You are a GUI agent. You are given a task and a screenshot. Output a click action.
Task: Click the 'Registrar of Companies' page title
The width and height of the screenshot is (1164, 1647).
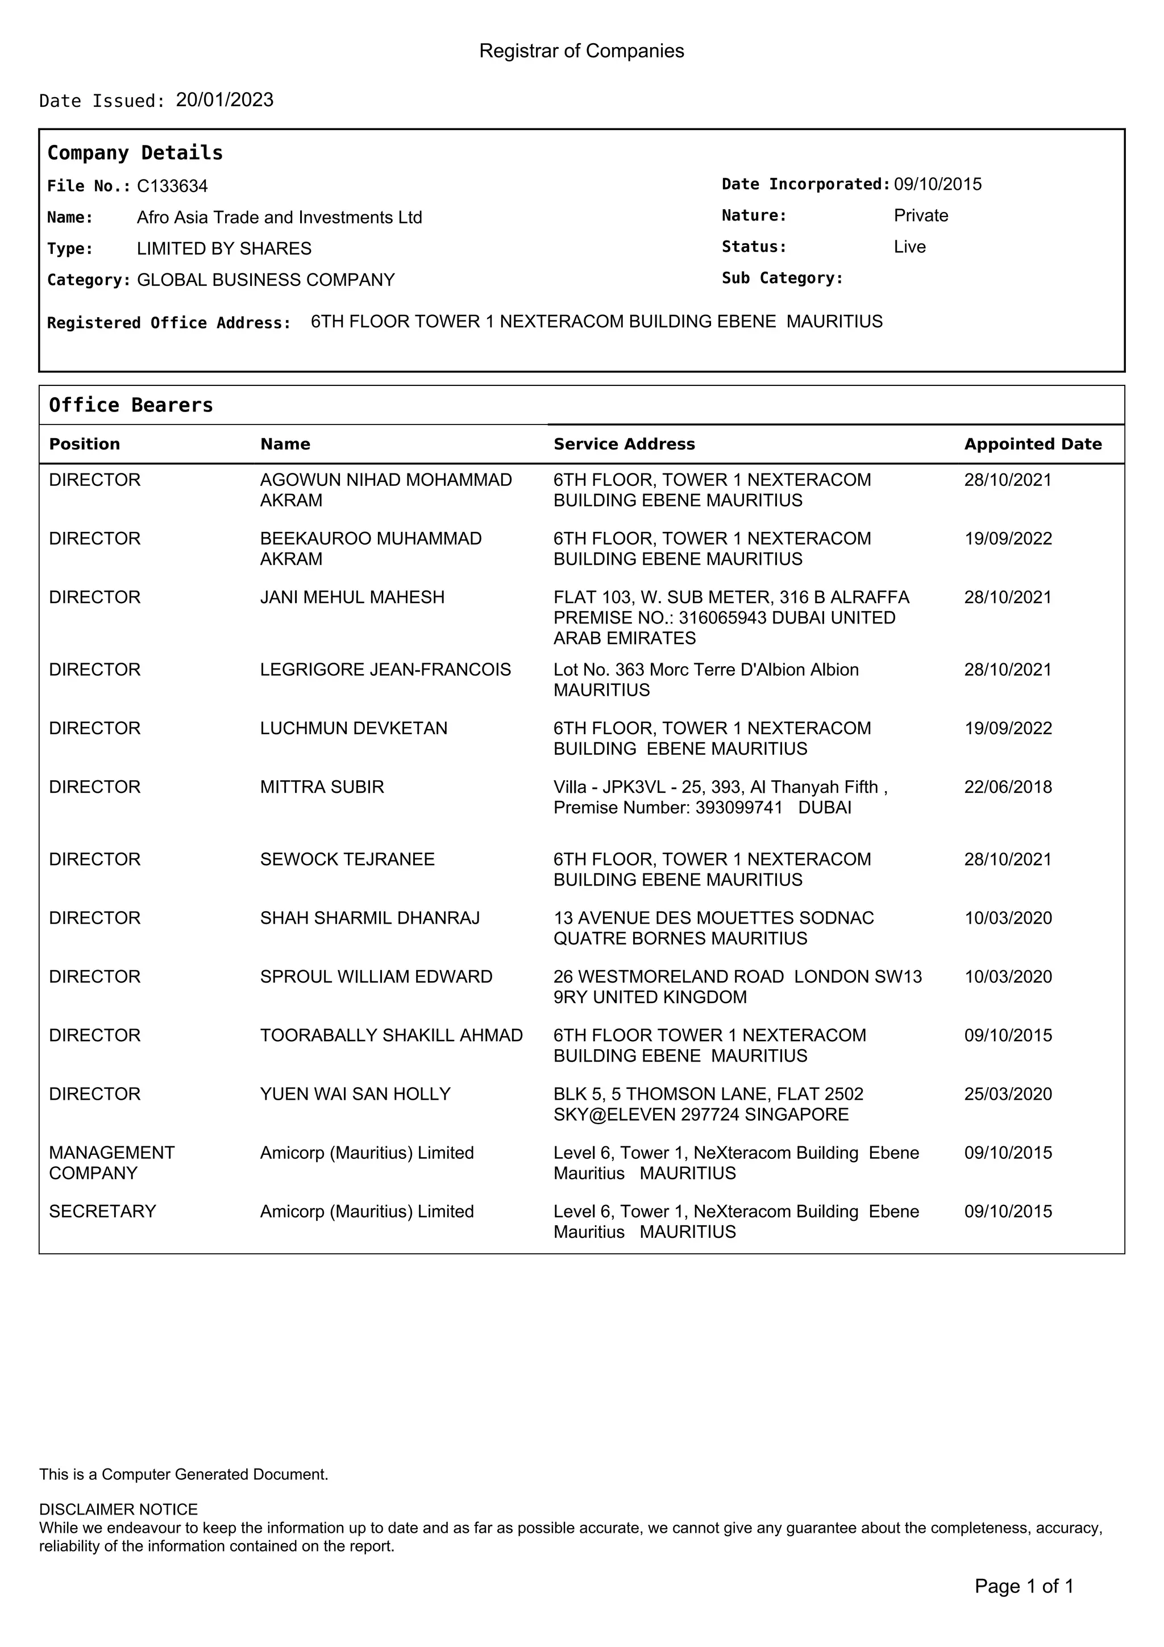(x=581, y=51)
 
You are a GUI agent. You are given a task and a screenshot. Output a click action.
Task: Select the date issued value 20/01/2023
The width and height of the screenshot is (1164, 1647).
(x=225, y=99)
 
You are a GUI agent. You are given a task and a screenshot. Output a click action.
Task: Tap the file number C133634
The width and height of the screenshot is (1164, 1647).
(x=172, y=186)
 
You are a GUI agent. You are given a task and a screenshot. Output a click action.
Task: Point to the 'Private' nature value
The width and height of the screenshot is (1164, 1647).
(x=920, y=215)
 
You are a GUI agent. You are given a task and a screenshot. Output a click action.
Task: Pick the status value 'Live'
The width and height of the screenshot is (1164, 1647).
(x=909, y=247)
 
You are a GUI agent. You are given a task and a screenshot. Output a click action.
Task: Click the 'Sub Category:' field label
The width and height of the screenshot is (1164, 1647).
(x=781, y=278)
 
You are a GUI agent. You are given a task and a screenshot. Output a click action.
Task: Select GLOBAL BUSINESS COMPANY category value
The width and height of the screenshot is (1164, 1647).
(x=265, y=280)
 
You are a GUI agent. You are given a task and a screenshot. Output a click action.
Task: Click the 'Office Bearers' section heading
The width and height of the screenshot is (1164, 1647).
(x=131, y=405)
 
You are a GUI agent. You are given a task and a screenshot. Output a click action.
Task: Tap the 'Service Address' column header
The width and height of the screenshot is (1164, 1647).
(x=624, y=444)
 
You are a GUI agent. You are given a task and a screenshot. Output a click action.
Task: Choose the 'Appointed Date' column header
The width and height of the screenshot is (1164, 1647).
(x=1032, y=444)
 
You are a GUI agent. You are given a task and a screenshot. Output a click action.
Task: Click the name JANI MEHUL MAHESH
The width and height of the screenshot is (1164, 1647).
(x=352, y=597)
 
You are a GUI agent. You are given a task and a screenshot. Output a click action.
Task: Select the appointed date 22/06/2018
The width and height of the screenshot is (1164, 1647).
(x=1008, y=787)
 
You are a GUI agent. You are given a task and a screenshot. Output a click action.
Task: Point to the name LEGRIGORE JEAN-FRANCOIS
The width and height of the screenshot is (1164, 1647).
(x=385, y=669)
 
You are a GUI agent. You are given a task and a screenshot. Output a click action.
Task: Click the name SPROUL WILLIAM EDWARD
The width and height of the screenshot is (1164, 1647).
(x=376, y=976)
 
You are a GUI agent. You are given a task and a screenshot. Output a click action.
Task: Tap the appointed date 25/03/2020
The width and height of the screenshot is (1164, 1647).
(x=1008, y=1094)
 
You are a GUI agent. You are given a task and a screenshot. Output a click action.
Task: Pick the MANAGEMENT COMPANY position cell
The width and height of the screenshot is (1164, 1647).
(x=111, y=1163)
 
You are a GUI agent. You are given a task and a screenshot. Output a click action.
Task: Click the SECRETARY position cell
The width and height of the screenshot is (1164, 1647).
(x=102, y=1212)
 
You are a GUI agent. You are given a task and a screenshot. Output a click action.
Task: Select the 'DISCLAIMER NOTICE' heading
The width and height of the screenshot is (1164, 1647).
(x=118, y=1510)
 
